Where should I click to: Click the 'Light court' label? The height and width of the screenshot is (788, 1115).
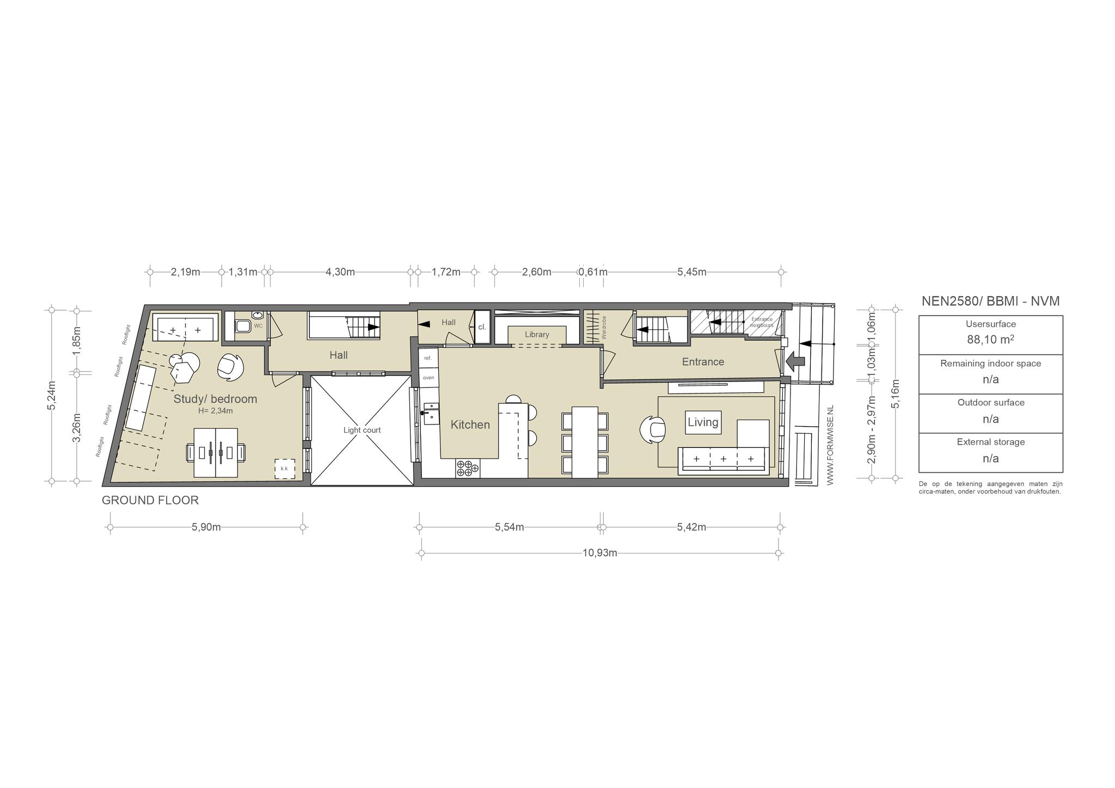pos(362,430)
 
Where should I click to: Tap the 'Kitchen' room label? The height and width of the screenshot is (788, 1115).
pos(470,424)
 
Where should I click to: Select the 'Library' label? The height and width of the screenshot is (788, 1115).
pos(537,335)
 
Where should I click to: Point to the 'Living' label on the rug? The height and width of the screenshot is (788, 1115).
pos(703,422)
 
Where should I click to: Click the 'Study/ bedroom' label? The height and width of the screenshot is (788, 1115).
pos(215,399)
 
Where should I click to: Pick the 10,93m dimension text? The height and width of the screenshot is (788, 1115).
pos(600,553)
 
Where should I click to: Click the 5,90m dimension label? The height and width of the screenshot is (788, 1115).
pos(206,527)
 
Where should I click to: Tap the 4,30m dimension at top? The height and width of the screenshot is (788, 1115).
pos(340,272)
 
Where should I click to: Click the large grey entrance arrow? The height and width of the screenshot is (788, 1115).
pos(795,360)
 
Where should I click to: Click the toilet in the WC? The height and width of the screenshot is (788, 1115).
pos(242,325)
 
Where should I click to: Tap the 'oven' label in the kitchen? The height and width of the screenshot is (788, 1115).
pos(428,377)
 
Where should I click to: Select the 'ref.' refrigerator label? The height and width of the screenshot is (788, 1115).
pos(428,358)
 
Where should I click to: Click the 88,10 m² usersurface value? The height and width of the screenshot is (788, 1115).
pos(991,339)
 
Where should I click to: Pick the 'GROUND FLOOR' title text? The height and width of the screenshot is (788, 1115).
pos(150,500)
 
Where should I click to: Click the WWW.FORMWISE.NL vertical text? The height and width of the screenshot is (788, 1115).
pos(830,445)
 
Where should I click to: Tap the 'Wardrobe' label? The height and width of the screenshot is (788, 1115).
pos(604,328)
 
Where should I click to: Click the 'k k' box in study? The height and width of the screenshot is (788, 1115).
pos(284,469)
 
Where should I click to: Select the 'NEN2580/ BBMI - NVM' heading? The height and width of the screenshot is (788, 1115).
pos(991,301)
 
